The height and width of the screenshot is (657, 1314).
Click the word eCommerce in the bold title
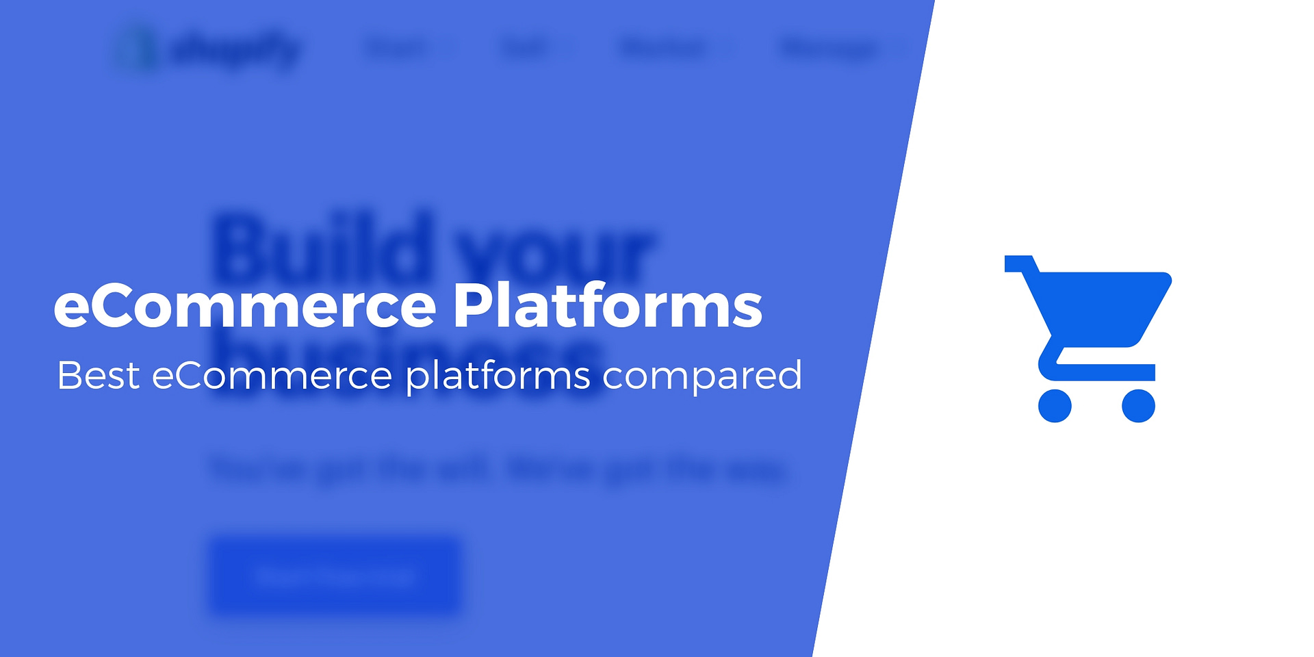pos(244,306)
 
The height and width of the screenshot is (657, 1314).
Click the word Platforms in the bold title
pos(607,306)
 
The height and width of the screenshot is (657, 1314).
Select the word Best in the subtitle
pos(98,376)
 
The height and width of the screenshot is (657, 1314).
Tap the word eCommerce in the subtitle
pos(272,376)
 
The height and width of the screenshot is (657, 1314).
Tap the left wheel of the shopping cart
pos(1055,406)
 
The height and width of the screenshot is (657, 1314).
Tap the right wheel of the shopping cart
pos(1138,406)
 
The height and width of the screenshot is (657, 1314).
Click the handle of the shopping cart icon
pos(1020,263)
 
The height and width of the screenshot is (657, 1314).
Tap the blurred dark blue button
pos(334,576)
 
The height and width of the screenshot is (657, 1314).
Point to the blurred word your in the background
pos(554,253)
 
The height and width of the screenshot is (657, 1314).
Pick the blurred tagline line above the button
pos(498,470)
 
